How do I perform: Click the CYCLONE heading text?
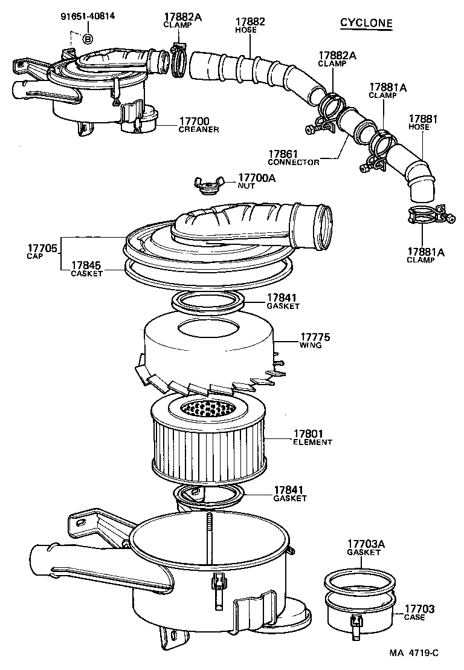366,23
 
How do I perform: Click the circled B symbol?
87,39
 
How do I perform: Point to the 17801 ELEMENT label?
312,437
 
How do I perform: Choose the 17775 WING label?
315,340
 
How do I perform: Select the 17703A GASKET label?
364,547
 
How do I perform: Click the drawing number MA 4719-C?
413,653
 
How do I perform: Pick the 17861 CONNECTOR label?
293,158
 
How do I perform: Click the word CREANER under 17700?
198,129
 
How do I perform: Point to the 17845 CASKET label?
86,268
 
